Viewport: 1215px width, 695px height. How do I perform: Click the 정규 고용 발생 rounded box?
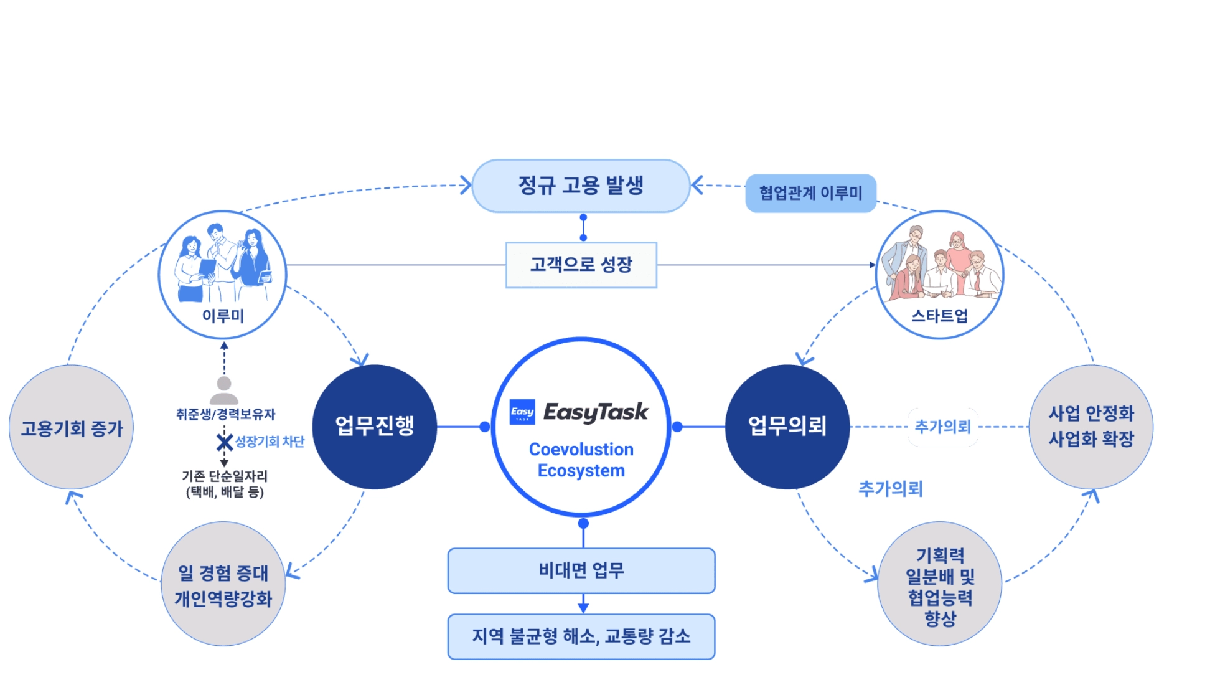tap(581, 186)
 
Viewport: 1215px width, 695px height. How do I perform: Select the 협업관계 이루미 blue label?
tap(810, 193)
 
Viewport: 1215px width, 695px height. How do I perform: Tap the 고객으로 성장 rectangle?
tap(581, 265)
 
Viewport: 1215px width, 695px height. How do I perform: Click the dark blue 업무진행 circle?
tap(375, 427)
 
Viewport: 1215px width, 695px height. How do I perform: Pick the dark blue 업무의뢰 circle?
tap(787, 427)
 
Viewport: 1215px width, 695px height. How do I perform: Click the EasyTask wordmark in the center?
tap(596, 412)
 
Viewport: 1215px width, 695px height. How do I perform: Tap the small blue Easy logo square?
tap(522, 412)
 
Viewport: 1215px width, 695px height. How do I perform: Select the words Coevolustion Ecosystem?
tap(581, 460)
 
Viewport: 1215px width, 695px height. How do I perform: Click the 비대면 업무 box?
tap(581, 570)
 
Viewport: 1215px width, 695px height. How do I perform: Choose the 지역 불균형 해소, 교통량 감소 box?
tap(581, 636)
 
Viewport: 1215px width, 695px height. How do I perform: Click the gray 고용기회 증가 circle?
tap(72, 427)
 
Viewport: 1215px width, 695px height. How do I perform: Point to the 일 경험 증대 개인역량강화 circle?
tap(223, 584)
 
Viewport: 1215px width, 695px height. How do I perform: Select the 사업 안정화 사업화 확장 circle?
tap(1091, 427)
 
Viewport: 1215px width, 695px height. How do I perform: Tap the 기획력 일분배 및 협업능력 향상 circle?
tap(940, 584)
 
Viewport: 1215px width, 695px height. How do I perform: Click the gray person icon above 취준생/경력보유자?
tap(224, 390)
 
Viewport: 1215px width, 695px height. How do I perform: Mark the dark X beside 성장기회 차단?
tap(225, 442)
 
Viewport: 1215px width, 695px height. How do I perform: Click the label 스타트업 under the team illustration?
tap(940, 316)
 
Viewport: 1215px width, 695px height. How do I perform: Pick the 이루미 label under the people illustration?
tap(223, 316)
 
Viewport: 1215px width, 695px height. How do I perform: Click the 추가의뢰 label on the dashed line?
tap(943, 427)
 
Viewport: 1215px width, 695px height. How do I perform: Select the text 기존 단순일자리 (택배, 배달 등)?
tap(225, 484)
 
